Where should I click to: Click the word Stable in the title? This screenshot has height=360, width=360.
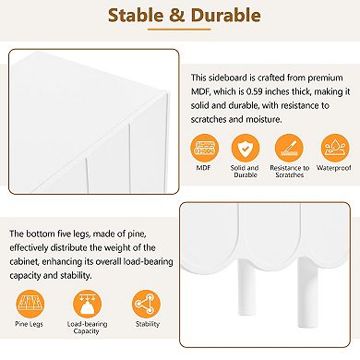click(136, 15)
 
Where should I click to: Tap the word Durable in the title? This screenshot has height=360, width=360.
click(225, 15)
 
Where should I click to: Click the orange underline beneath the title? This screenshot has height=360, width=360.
click(179, 30)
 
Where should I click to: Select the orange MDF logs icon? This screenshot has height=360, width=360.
click(204, 149)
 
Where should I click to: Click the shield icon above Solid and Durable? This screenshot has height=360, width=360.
click(245, 149)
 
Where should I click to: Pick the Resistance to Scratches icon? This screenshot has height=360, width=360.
click(289, 149)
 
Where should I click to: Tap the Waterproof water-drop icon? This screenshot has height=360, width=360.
click(335, 149)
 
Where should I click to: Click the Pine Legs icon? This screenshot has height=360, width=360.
click(30, 304)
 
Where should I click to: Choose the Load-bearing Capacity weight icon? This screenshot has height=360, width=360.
click(87, 304)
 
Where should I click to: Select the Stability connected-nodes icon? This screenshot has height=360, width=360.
click(146, 304)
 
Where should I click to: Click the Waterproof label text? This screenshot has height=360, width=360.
click(334, 168)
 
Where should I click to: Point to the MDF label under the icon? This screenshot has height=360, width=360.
click(203, 168)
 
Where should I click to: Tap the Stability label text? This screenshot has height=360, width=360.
click(148, 324)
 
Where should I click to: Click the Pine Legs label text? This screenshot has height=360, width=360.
click(30, 324)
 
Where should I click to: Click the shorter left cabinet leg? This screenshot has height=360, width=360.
click(246, 287)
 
